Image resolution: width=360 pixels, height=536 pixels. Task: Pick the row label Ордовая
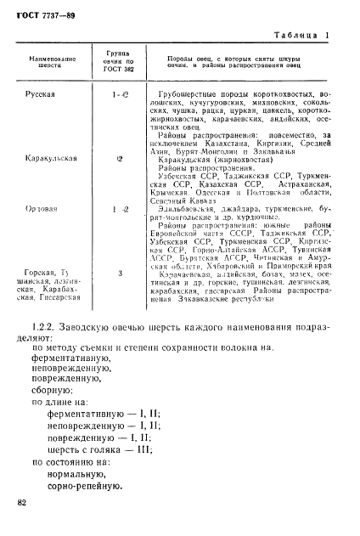(40, 209)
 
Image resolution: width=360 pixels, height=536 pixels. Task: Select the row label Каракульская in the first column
(53, 158)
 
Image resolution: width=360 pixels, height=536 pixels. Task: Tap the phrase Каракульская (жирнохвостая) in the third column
(205, 159)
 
